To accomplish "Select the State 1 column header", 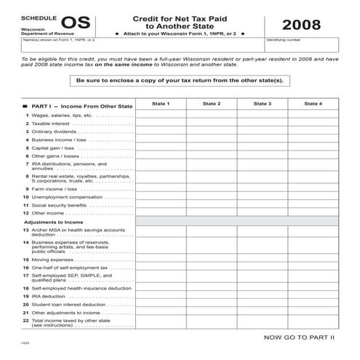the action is pos(161,104).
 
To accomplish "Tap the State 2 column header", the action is pos(212,104).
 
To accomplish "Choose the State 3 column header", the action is pos(263,104).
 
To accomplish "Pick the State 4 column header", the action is pos(313,104).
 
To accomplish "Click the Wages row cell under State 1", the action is pos(161,115).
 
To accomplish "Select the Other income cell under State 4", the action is pos(313,212).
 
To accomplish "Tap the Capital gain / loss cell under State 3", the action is pos(263,148).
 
